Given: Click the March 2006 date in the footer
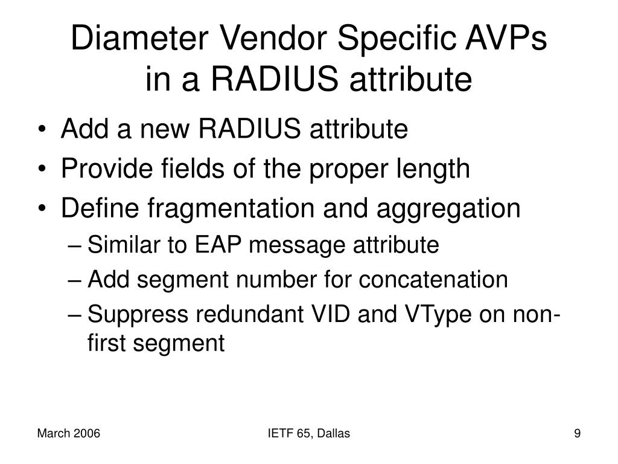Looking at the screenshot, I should (68, 433).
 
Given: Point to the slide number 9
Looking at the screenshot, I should (577, 433).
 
